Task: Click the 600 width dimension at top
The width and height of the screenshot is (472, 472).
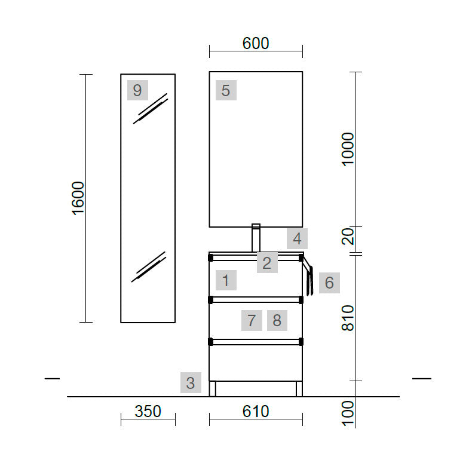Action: click(256, 44)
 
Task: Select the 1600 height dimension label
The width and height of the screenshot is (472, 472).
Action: click(78, 198)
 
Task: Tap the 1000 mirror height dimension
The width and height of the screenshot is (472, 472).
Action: click(348, 149)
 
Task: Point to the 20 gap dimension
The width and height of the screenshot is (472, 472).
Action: click(348, 236)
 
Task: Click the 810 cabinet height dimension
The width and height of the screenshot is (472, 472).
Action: click(348, 318)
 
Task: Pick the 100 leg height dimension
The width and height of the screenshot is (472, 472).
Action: click(348, 413)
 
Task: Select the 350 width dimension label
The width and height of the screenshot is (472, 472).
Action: click(148, 412)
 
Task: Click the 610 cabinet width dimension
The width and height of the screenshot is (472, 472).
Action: click(256, 412)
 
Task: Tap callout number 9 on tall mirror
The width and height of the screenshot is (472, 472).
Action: click(137, 90)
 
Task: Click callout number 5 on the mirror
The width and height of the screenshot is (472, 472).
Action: click(226, 90)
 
